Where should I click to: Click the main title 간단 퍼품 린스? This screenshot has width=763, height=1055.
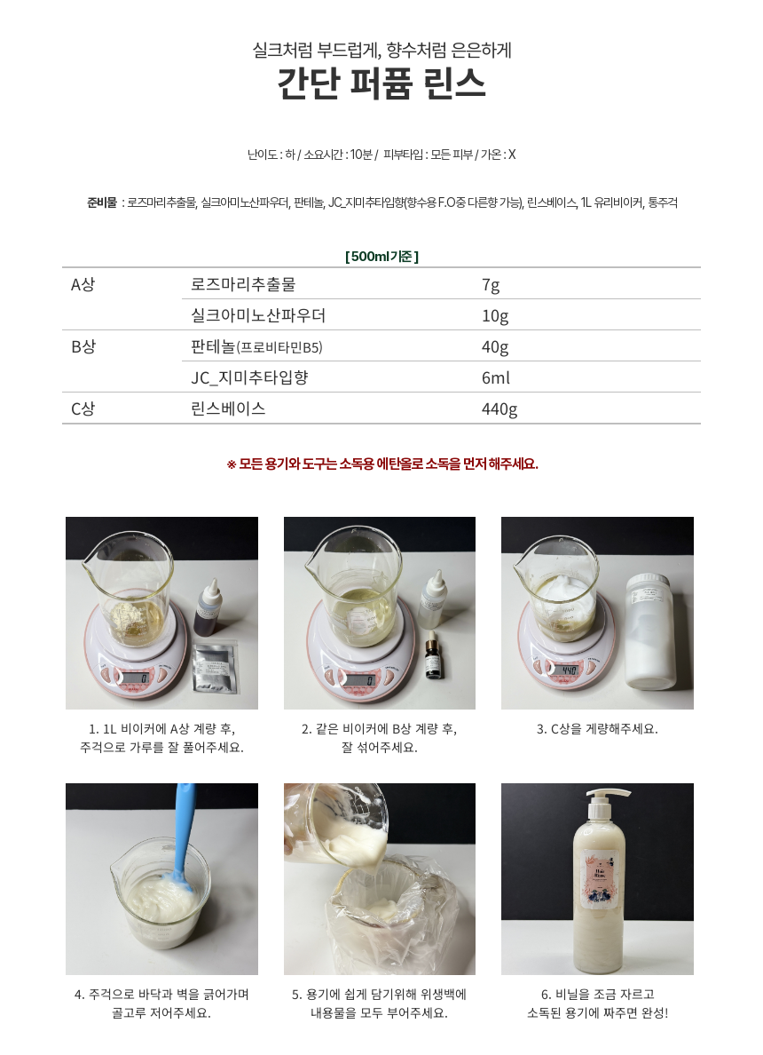[381, 84]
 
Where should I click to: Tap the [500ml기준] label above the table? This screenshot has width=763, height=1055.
[381, 257]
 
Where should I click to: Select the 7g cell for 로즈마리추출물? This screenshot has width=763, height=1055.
[491, 284]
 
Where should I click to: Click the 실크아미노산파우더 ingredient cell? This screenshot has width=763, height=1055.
[258, 315]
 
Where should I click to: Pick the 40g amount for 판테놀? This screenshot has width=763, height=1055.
[495, 346]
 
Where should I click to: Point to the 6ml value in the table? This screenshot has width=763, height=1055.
[495, 377]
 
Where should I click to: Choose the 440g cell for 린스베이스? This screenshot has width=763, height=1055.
[499, 409]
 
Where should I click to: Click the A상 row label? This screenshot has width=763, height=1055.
[83, 284]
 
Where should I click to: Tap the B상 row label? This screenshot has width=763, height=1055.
[83, 346]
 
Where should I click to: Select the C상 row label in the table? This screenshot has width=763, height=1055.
[83, 409]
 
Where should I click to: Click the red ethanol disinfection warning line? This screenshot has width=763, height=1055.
[381, 464]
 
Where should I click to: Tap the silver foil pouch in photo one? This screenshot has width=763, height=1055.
[215, 668]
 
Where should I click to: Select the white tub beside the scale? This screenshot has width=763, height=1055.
[650, 631]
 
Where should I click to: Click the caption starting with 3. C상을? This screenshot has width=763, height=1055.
[597, 729]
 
